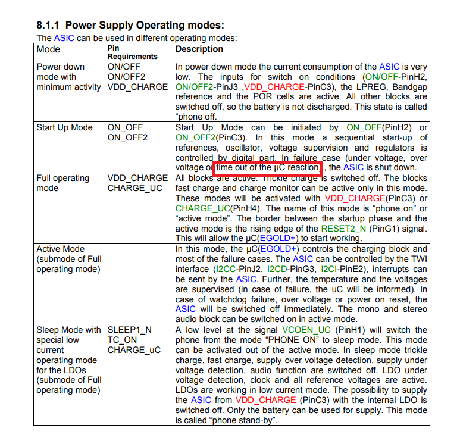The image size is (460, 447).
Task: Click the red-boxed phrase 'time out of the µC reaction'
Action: [x=267, y=168]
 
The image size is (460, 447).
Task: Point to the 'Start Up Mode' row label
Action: [x=64, y=127]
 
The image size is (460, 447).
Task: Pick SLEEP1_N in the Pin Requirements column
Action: [x=129, y=330]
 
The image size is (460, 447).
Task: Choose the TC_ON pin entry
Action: [x=123, y=340]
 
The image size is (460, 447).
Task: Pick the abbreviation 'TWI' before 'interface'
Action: [x=418, y=259]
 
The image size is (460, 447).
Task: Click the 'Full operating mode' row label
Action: [x=62, y=183]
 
